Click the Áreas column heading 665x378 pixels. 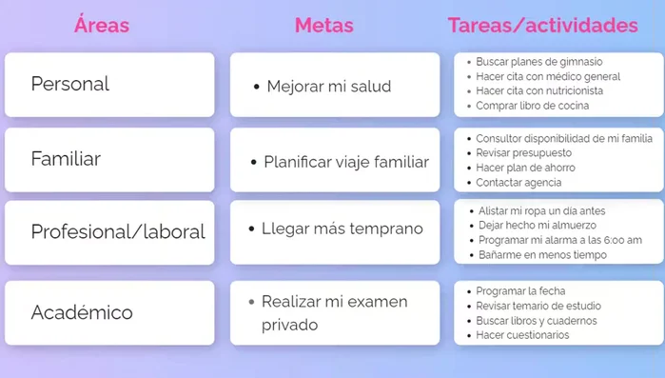(x=102, y=25)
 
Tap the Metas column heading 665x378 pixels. (x=324, y=25)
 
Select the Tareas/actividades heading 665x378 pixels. (x=542, y=25)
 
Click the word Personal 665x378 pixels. (x=69, y=84)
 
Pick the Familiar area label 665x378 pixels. (x=66, y=159)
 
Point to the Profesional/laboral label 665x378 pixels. (x=118, y=231)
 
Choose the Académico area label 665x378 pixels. (x=82, y=312)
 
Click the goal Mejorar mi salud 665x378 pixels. (x=328, y=87)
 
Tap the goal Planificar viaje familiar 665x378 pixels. (x=346, y=162)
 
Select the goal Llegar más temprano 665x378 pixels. (x=342, y=229)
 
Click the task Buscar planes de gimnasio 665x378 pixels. (x=539, y=62)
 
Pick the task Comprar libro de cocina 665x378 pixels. (x=533, y=106)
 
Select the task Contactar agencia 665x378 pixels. (x=518, y=182)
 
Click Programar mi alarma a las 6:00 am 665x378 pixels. (x=560, y=240)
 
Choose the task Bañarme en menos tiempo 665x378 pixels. (x=542, y=255)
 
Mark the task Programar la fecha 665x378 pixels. (x=521, y=290)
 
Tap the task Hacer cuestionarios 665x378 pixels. (x=522, y=335)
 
